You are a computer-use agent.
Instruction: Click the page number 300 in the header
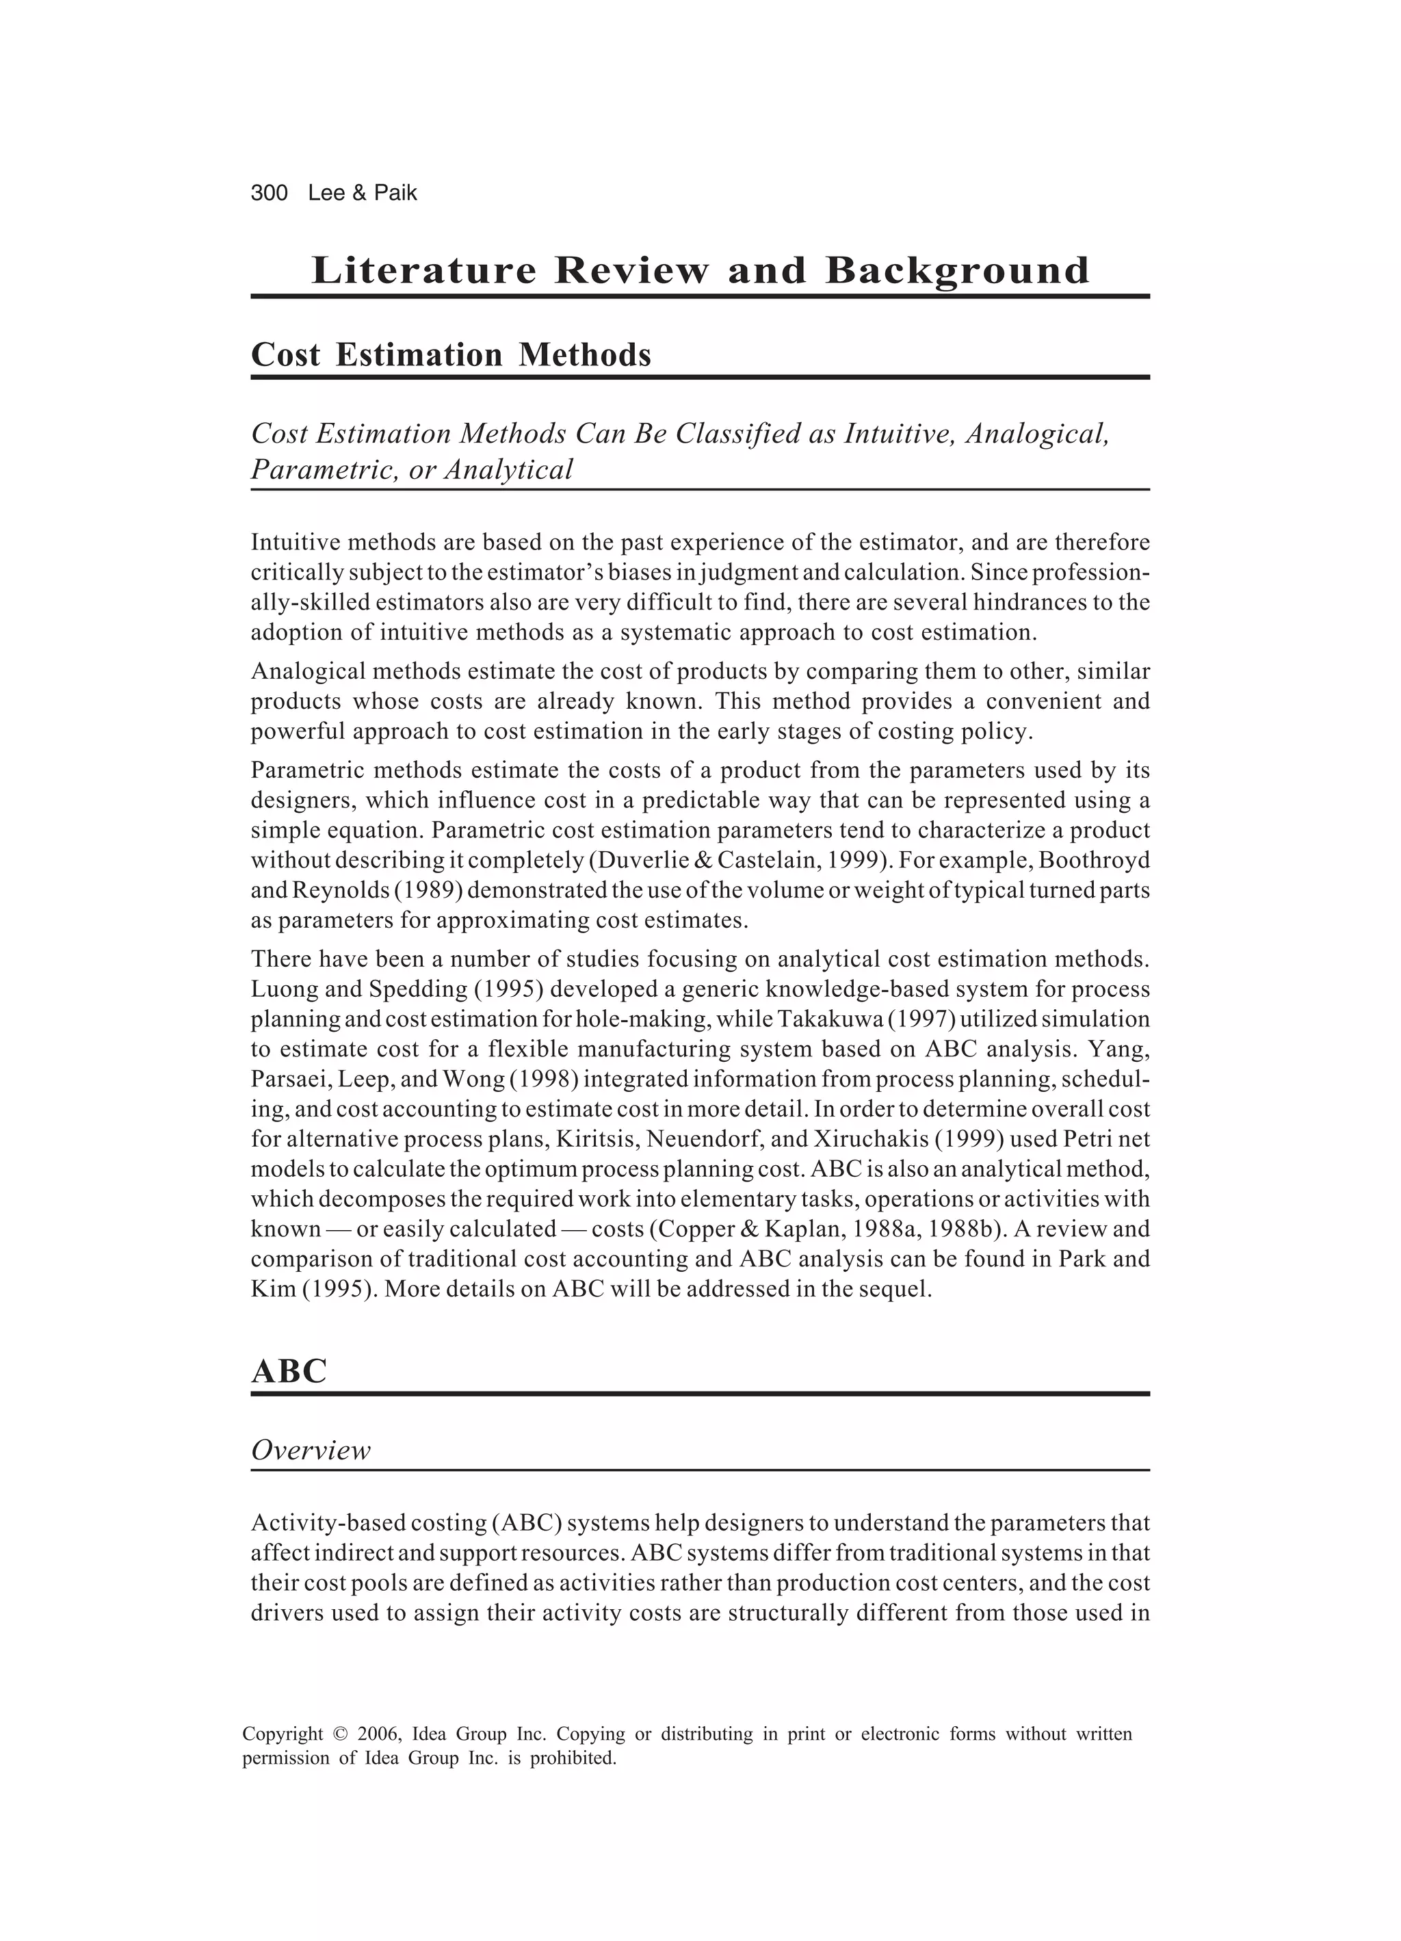[269, 194]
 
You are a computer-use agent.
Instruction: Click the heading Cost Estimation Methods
[450, 354]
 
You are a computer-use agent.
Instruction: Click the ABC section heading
[289, 1371]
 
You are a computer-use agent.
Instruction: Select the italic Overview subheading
[311, 1450]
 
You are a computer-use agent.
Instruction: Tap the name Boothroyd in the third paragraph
[1094, 860]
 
